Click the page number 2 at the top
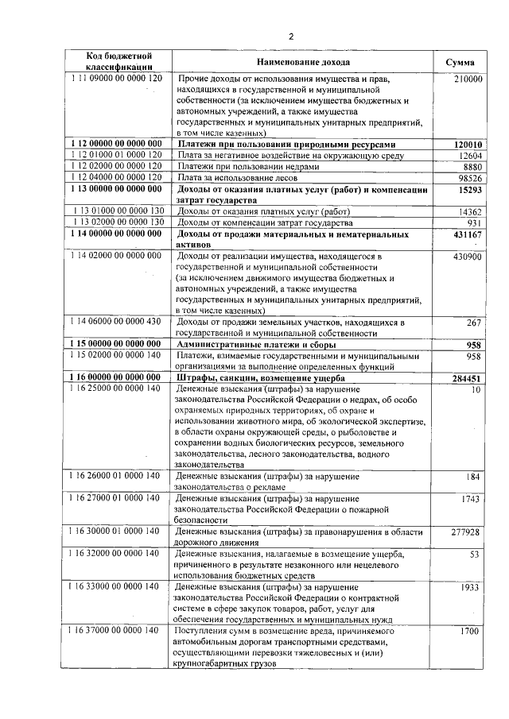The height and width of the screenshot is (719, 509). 291,37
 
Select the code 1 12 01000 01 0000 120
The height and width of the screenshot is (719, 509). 116,155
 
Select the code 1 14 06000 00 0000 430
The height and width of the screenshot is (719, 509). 116,322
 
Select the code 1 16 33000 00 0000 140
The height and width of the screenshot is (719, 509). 116,586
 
